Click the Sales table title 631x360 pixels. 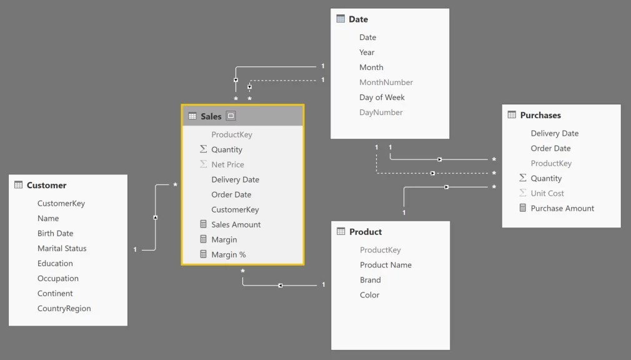pyautogui.click(x=211, y=116)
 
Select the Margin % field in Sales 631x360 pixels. pyautogui.click(x=229, y=255)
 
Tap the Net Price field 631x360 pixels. pyautogui.click(x=227, y=165)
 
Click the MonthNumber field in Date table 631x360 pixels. pyautogui.click(x=386, y=82)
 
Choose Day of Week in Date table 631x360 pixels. pyautogui.click(x=382, y=97)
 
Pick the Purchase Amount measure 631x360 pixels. pyautogui.click(x=562, y=209)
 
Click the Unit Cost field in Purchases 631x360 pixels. pyautogui.click(x=547, y=194)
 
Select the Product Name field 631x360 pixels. pyautogui.click(x=385, y=265)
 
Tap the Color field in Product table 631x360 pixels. pyautogui.click(x=369, y=295)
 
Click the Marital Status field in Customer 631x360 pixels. pyautogui.click(x=62, y=249)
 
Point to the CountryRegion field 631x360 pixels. pyautogui.click(x=64, y=309)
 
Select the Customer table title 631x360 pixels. pyautogui.click(x=46, y=186)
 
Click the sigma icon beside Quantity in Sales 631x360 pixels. pyautogui.click(x=203, y=149)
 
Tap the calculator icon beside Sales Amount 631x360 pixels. pyautogui.click(x=203, y=224)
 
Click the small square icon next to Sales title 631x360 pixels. pyautogui.click(x=231, y=116)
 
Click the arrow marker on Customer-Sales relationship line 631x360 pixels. pyautogui.click(x=155, y=217)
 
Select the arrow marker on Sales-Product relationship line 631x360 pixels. pyautogui.click(x=281, y=286)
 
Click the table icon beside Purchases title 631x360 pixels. pyautogui.click(x=512, y=115)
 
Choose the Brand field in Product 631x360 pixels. pyautogui.click(x=370, y=280)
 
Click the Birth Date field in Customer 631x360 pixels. pyautogui.click(x=55, y=234)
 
